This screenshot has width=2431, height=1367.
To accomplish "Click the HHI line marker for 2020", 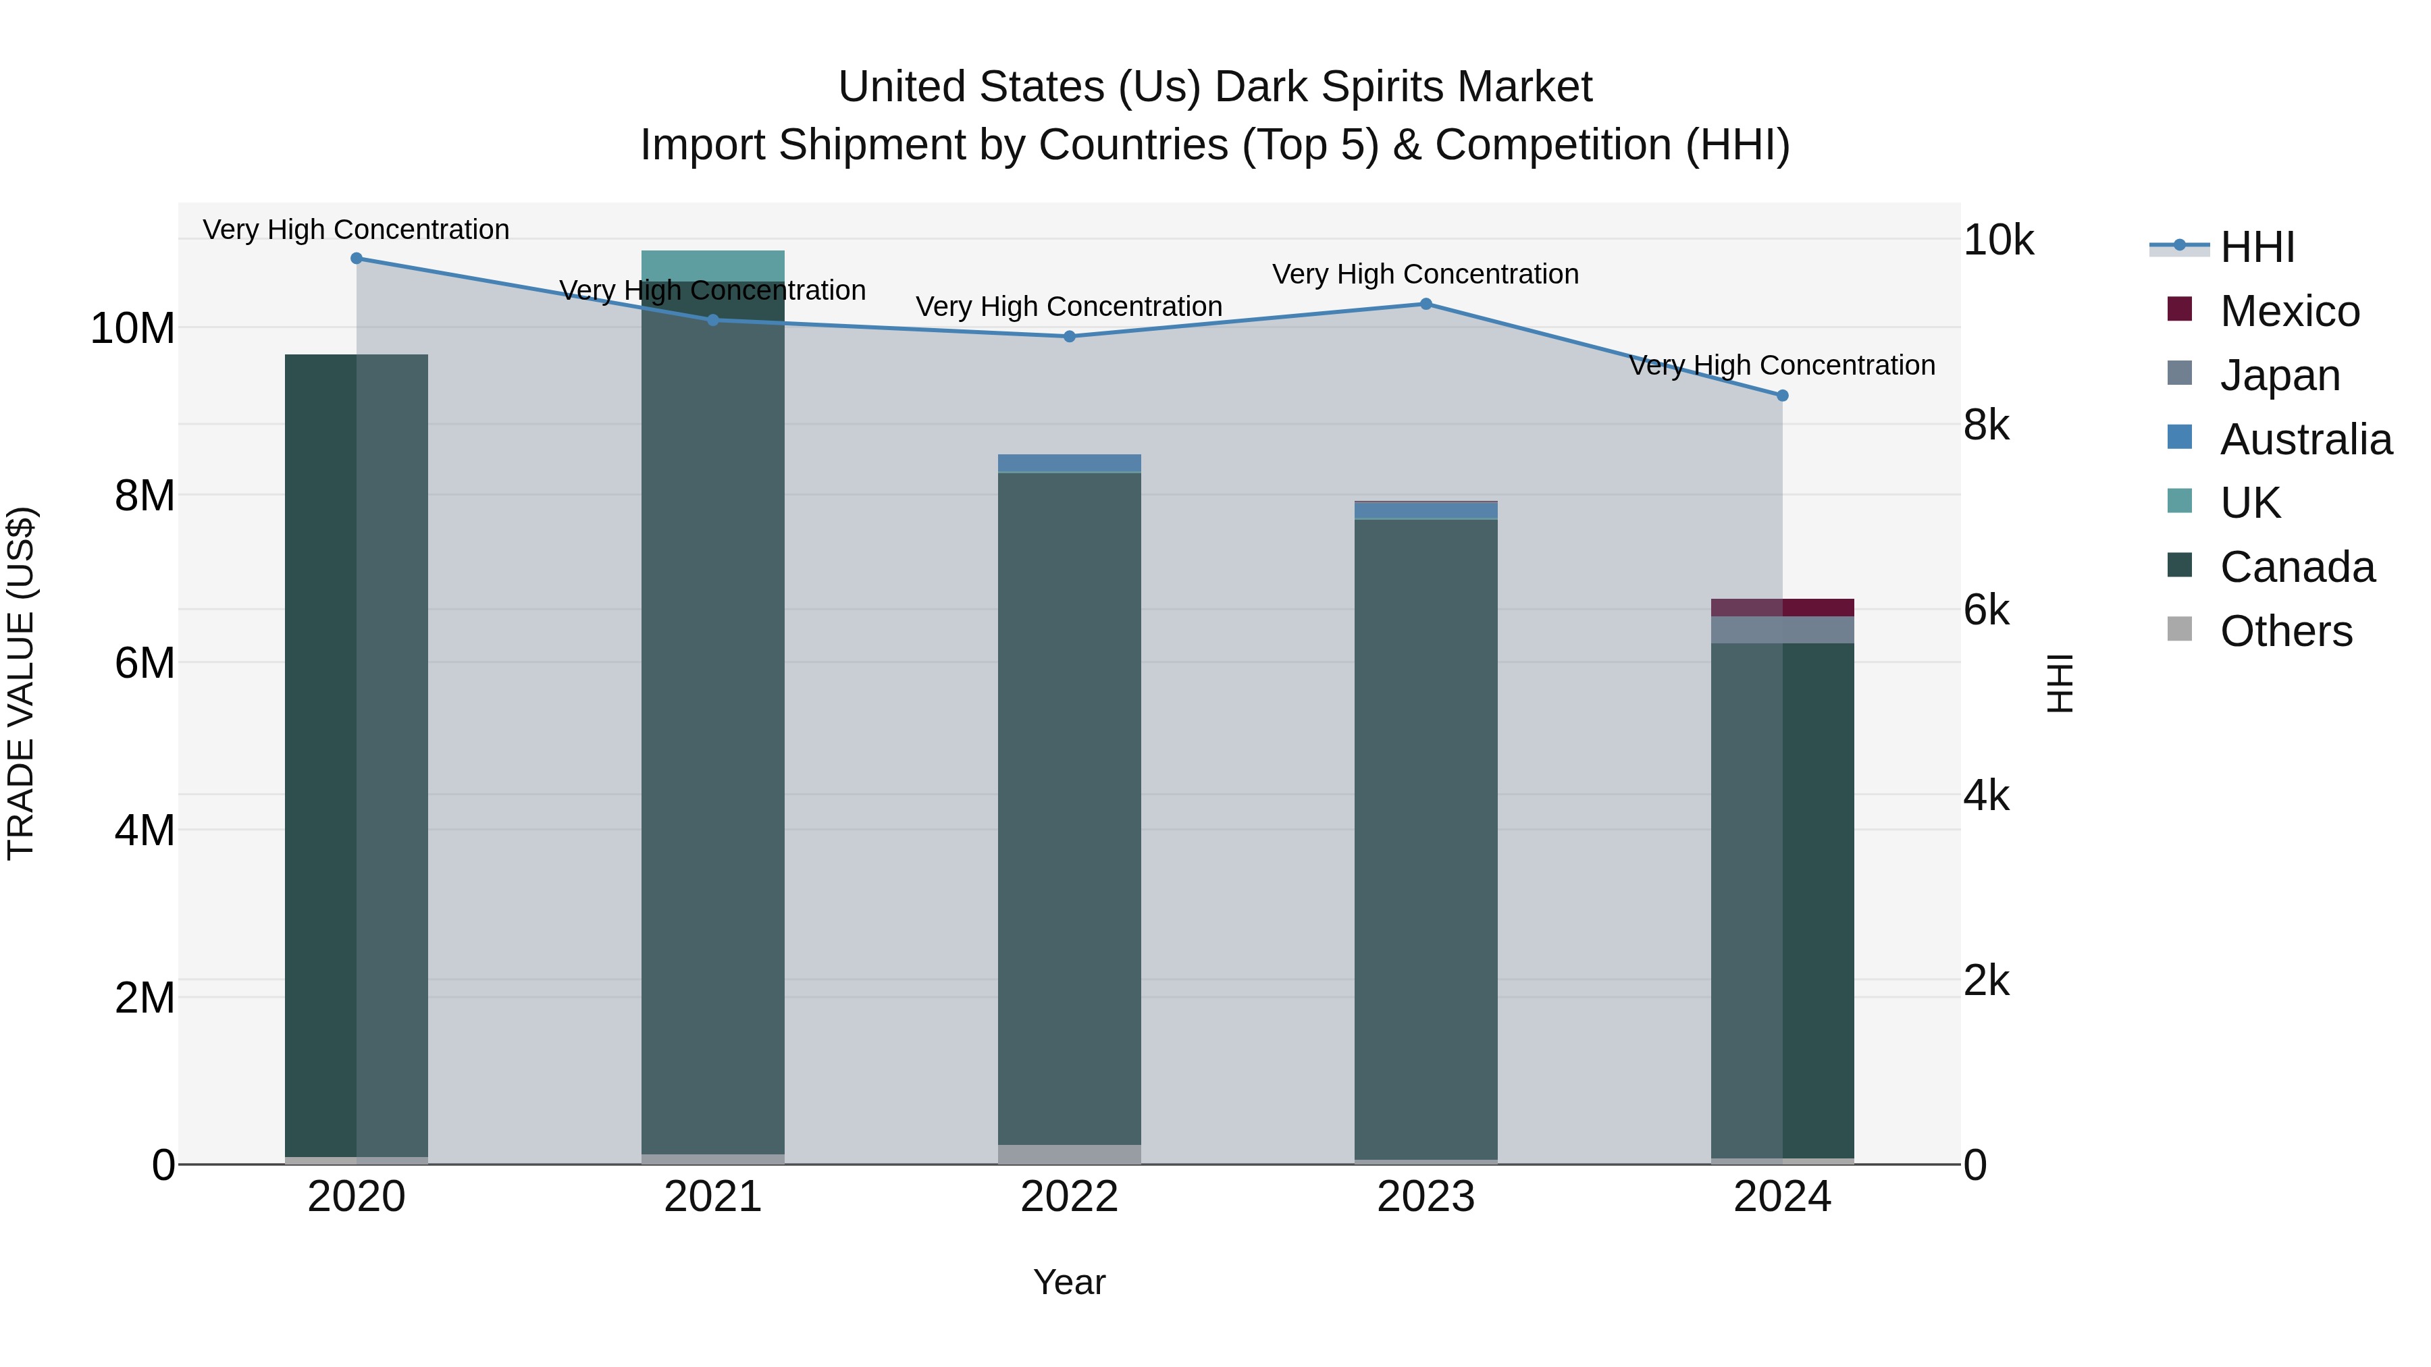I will [x=356, y=259].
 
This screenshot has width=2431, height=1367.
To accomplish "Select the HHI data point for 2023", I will [x=1426, y=304].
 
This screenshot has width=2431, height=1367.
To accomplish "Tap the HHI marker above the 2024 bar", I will [x=1782, y=396].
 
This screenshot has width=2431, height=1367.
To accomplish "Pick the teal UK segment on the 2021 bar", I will [x=712, y=265].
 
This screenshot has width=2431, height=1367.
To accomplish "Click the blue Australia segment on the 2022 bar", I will [x=1069, y=463].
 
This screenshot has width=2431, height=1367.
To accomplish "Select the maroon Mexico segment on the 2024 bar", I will [x=1782, y=608].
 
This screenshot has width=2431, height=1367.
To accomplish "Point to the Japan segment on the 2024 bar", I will [x=1782, y=629].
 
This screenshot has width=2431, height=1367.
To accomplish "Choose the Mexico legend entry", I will [x=2289, y=311].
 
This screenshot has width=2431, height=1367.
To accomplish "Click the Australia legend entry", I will [x=2305, y=439].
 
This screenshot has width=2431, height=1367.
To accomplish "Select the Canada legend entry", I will [x=2296, y=567].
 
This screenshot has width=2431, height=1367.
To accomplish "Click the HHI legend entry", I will [x=2256, y=247].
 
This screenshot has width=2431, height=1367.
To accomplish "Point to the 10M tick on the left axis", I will [x=133, y=328].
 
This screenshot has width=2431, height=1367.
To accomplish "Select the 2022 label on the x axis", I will [x=1069, y=1197].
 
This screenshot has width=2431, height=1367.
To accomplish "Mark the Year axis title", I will [x=1069, y=1282].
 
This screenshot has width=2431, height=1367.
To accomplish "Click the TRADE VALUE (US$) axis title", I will [x=21, y=683].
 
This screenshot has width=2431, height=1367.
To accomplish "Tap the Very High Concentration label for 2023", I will [x=1425, y=275].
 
